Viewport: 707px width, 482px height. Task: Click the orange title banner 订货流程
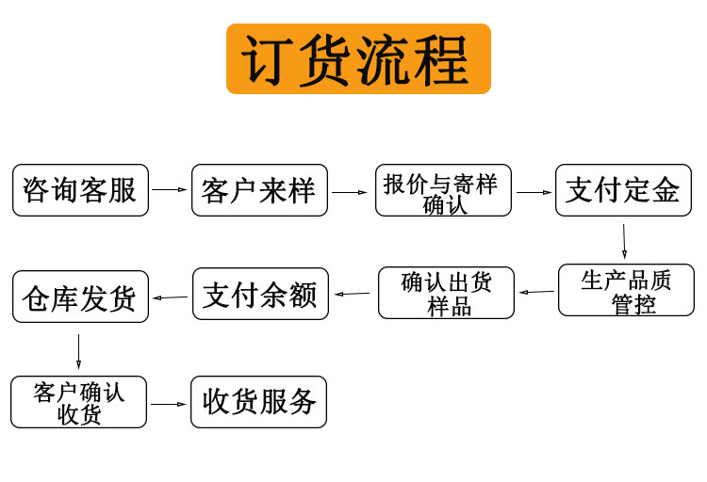(x=358, y=58)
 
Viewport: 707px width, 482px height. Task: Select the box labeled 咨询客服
(x=80, y=190)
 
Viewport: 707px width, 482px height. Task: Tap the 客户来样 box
(x=259, y=190)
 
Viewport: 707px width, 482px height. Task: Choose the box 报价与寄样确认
(x=443, y=190)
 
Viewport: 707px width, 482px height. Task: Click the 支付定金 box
(x=623, y=190)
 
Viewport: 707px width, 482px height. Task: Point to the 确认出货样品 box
(x=446, y=293)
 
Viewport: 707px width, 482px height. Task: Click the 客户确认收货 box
(x=79, y=402)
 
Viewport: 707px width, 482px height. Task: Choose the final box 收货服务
(x=259, y=402)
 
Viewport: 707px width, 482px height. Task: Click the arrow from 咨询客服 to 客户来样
(x=170, y=190)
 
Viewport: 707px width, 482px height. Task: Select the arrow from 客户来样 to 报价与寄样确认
(x=350, y=192)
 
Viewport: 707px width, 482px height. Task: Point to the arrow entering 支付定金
(x=534, y=192)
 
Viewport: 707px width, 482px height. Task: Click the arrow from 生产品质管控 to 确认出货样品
(x=536, y=291)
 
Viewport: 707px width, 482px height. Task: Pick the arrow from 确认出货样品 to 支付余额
(x=353, y=293)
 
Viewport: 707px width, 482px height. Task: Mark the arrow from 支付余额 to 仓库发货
(x=170, y=297)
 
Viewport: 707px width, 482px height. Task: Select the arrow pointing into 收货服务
(x=169, y=404)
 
